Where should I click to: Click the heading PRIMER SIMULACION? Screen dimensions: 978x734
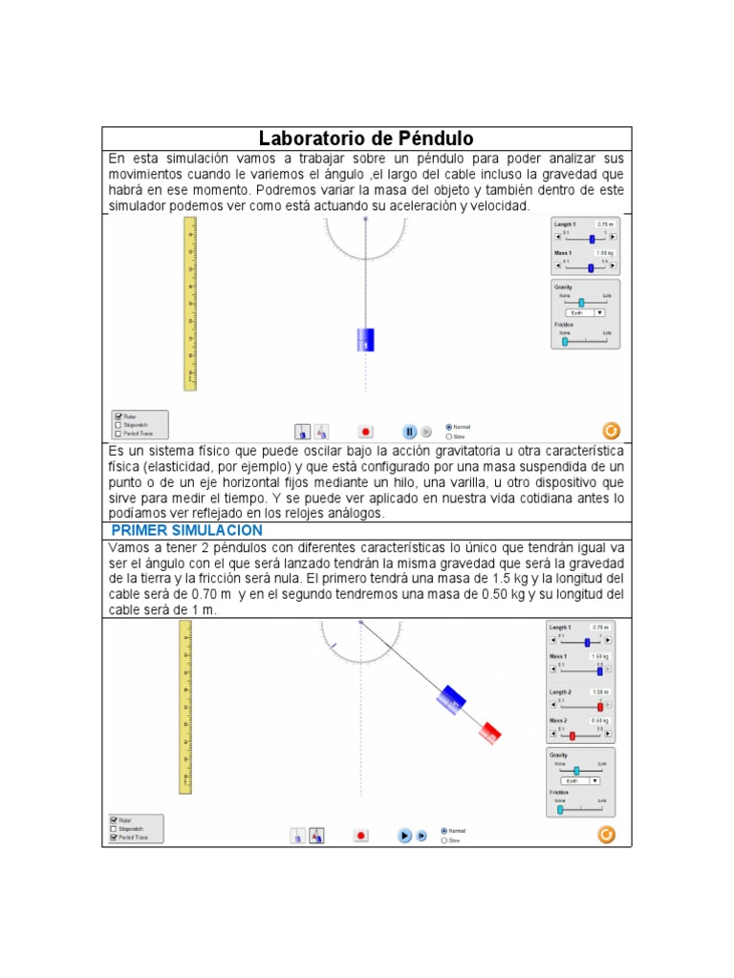click(187, 530)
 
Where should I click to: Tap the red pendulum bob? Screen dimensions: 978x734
click(490, 733)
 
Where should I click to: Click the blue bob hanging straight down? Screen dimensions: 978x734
click(365, 340)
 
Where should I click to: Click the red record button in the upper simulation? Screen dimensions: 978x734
click(365, 432)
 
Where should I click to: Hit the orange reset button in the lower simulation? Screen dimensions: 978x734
click(606, 835)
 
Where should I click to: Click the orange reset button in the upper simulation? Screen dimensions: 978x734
click(611, 431)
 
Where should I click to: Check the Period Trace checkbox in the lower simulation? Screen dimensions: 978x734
click(115, 838)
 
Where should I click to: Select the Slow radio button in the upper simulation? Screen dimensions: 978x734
click(449, 436)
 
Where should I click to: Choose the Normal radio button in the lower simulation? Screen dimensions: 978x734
click(444, 830)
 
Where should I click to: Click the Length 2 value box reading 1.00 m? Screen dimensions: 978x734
click(601, 691)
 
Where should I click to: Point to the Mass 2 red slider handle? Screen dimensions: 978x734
click(572, 735)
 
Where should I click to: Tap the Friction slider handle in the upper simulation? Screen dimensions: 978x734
click(565, 341)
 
